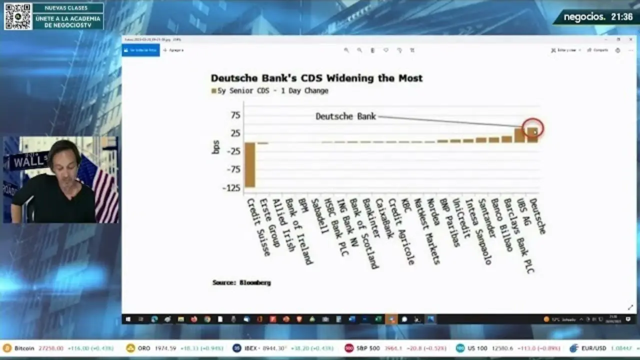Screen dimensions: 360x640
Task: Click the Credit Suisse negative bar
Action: click(249, 165)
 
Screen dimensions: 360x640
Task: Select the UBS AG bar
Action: click(519, 135)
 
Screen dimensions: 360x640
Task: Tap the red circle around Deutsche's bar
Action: click(532, 128)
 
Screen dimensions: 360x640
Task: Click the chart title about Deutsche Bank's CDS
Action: click(316, 78)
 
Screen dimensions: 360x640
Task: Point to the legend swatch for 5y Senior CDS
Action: click(213, 91)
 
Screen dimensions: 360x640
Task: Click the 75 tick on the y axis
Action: click(235, 115)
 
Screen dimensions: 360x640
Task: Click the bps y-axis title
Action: click(216, 146)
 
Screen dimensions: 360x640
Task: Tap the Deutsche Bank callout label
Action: click(345, 116)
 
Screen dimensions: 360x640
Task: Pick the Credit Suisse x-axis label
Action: click(259, 226)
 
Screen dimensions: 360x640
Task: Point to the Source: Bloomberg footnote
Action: click(241, 282)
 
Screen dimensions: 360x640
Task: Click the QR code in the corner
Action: click(18, 16)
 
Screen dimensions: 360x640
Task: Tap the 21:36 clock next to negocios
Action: click(621, 17)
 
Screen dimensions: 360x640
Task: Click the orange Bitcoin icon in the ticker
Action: click(7, 348)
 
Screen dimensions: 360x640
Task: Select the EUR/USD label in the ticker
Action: click(594, 348)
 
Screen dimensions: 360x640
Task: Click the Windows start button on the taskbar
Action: click(127, 319)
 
